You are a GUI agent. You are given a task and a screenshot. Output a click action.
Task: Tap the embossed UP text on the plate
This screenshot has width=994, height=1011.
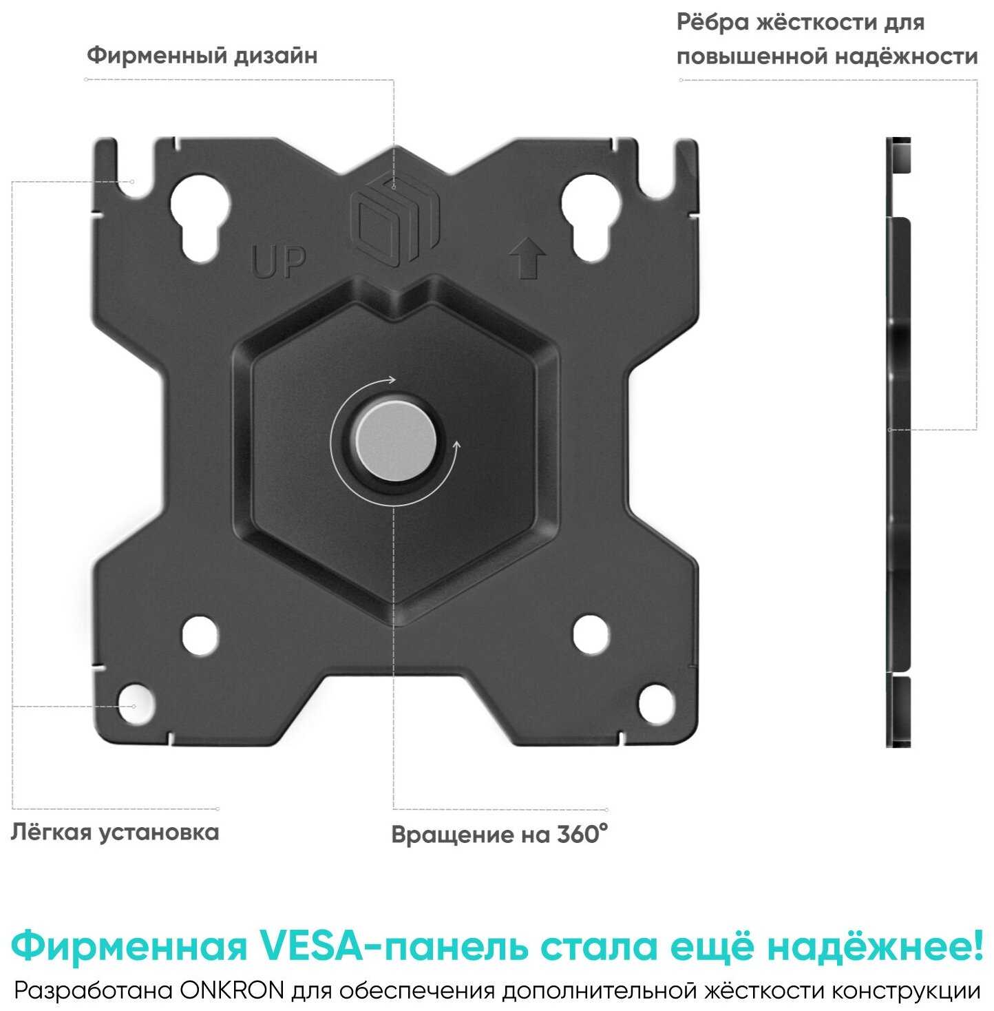[279, 262]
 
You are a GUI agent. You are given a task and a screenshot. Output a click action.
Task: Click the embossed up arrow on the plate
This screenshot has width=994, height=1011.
[527, 257]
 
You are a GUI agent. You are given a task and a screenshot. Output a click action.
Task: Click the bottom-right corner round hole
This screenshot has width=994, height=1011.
[656, 703]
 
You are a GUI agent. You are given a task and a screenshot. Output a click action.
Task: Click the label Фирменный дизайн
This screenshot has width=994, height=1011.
[202, 55]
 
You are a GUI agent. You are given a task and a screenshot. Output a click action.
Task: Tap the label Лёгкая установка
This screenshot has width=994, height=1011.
[114, 832]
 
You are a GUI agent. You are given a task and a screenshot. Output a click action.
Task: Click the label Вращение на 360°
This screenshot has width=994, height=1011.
[500, 834]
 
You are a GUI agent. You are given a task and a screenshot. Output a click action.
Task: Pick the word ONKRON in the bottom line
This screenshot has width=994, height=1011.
[232, 991]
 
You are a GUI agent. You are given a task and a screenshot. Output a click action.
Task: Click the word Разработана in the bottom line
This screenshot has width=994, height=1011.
[94, 991]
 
